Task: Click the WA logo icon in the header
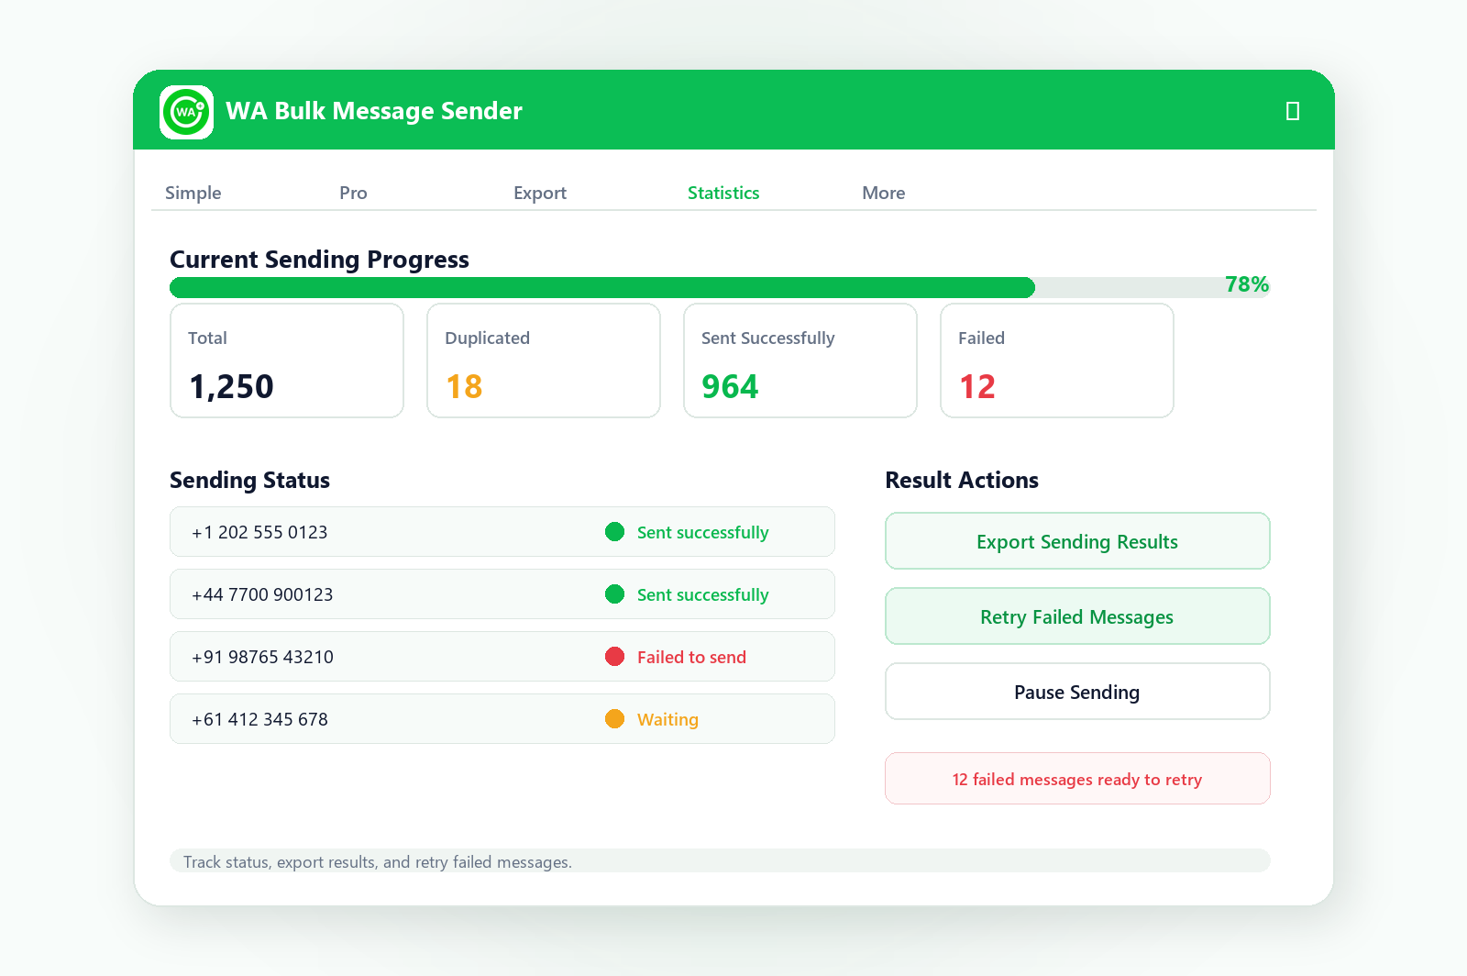(187, 112)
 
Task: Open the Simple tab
(193, 193)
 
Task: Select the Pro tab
(353, 193)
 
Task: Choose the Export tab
(540, 193)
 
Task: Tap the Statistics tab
(723, 193)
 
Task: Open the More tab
(883, 193)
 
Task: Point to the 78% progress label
(1246, 284)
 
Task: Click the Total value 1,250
(231, 386)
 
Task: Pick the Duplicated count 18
(464, 386)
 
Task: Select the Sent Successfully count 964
(730, 386)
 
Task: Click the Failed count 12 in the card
(977, 386)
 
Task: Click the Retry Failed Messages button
(1077, 616)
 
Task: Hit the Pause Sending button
(1077, 692)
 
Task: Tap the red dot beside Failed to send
(614, 657)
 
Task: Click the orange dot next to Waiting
(614, 718)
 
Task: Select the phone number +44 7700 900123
(262, 594)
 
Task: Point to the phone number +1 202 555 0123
(259, 532)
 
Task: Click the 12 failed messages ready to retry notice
(1077, 778)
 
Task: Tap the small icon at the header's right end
(1292, 111)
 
